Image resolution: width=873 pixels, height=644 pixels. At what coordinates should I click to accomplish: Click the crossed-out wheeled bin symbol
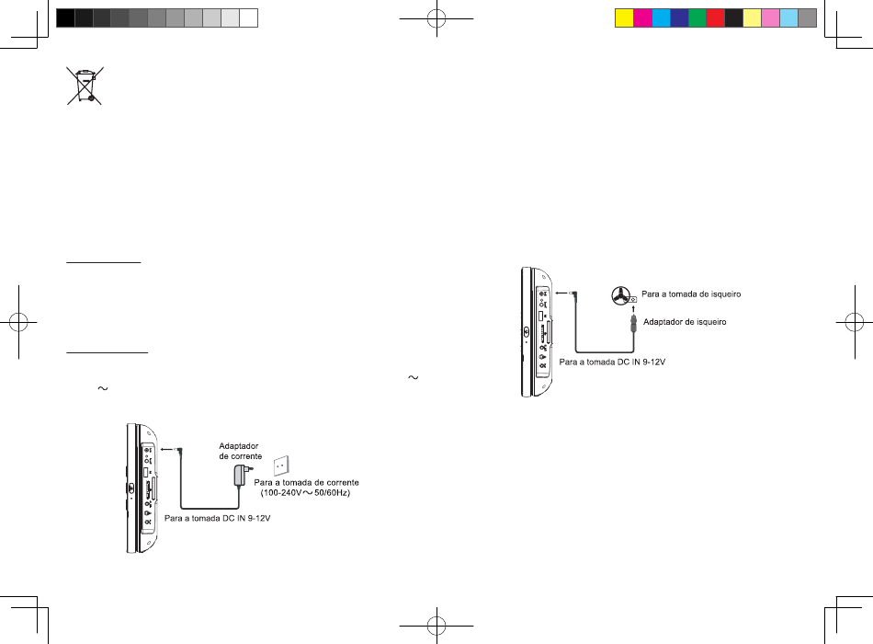click(85, 86)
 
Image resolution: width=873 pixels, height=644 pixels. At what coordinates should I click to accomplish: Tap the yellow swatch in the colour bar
click(624, 17)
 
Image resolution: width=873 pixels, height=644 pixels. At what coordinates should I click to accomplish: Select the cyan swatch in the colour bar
click(661, 17)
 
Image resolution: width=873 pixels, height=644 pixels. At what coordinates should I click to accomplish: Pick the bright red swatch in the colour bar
click(715, 17)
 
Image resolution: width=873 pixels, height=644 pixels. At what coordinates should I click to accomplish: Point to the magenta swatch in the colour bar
click(642, 17)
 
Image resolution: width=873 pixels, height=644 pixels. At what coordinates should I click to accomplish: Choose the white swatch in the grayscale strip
click(248, 17)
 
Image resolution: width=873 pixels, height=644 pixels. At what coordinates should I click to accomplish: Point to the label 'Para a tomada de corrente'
click(306, 482)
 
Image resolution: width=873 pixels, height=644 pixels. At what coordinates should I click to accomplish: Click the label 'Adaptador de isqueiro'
click(685, 321)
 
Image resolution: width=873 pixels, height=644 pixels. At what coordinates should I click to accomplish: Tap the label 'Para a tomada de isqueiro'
click(691, 293)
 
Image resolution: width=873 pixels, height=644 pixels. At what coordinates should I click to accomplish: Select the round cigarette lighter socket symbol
click(624, 294)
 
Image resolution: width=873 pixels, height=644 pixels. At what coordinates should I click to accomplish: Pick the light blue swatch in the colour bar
click(788, 17)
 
